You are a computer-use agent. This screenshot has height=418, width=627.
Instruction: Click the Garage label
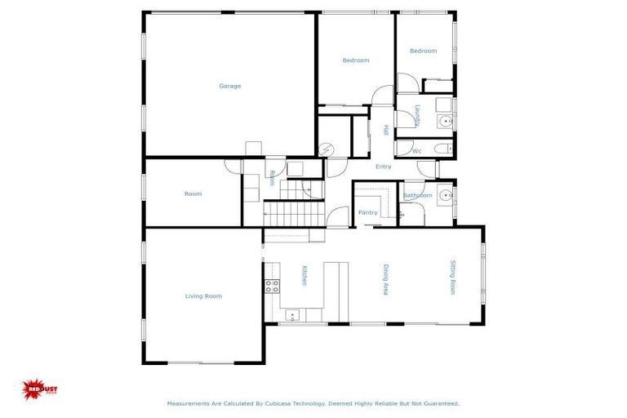tap(229, 86)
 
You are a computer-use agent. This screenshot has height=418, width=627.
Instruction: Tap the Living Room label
tap(203, 296)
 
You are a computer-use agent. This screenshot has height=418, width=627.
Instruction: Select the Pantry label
tap(368, 212)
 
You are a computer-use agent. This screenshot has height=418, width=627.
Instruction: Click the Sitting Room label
tap(453, 277)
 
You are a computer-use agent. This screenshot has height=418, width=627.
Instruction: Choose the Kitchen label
tap(305, 276)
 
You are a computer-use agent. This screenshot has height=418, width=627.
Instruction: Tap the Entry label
tap(383, 167)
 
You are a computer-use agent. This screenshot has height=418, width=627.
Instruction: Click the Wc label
tap(416, 151)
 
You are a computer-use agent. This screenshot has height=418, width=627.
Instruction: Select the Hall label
tap(385, 131)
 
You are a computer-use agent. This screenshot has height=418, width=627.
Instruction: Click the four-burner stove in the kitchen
tap(271, 285)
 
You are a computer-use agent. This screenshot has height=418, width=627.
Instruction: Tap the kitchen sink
tap(291, 314)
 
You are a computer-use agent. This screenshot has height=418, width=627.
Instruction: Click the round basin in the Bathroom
tap(443, 195)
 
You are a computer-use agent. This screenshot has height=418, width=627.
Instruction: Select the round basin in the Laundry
tap(443, 122)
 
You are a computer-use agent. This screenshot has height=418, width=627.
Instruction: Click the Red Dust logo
tap(40, 389)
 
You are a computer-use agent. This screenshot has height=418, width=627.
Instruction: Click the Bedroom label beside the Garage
tap(356, 60)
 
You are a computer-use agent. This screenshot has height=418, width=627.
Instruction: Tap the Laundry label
tap(416, 115)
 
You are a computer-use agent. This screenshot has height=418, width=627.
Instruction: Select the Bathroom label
tap(418, 196)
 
